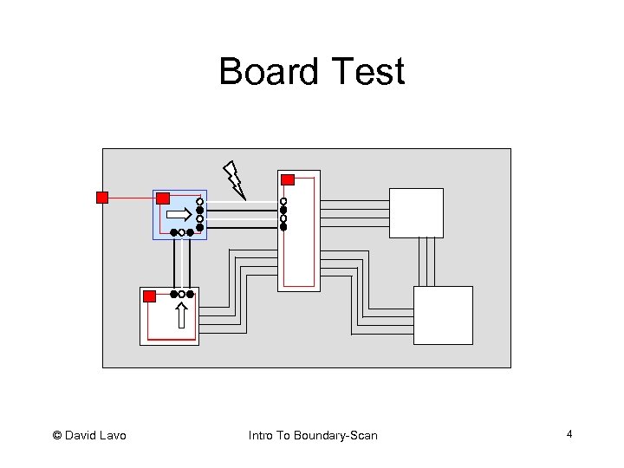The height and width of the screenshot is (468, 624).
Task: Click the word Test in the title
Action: [362, 71]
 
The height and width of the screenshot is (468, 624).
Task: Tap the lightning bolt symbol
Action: [234, 179]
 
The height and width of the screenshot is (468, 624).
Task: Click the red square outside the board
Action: [102, 198]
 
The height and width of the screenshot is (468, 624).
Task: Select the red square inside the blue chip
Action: [162, 198]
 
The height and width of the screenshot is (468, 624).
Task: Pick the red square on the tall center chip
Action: [289, 180]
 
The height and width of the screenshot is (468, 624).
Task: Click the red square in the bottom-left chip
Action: [149, 296]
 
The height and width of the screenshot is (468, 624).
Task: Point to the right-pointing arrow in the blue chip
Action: [179, 213]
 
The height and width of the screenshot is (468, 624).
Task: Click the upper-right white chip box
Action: [416, 212]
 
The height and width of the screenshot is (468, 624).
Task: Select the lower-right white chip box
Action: [443, 315]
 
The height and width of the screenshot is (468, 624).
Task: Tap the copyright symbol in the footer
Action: [57, 435]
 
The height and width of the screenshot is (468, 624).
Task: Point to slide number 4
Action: [569, 433]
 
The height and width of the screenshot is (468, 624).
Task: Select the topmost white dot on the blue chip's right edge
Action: [199, 201]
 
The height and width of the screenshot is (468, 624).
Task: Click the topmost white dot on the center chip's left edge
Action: [283, 201]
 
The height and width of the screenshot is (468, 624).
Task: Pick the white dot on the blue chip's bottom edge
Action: [181, 233]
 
